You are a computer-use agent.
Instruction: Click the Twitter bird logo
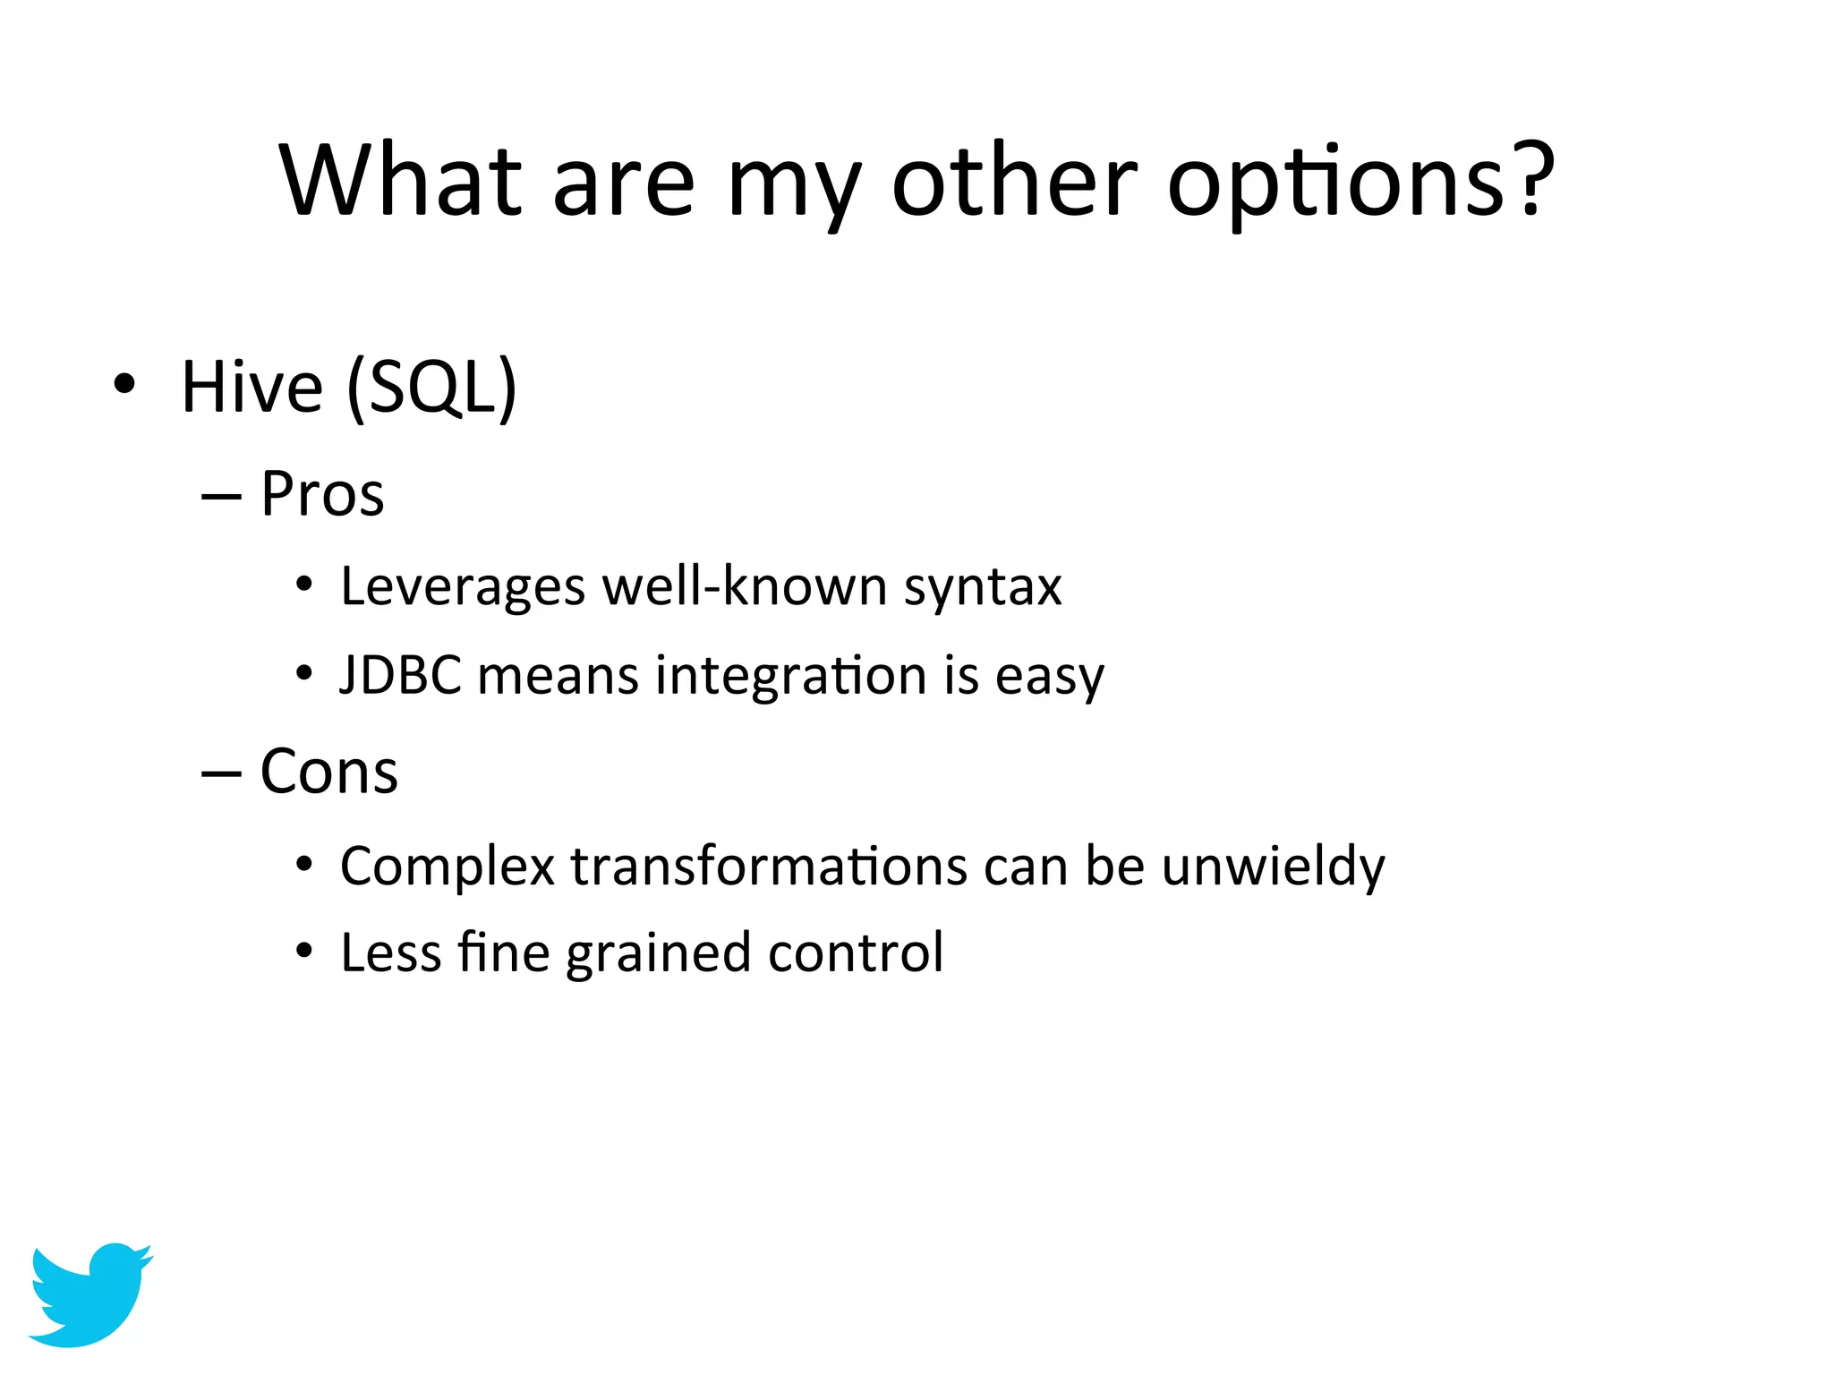tap(90, 1294)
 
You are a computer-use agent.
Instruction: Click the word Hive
tap(252, 387)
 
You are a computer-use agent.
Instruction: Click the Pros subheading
tap(322, 494)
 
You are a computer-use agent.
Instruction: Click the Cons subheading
tap(328, 772)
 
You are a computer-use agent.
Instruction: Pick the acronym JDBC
tap(401, 675)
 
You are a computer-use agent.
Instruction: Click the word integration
tap(791, 677)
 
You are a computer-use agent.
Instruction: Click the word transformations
tap(769, 867)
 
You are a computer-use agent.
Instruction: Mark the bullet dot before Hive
tap(124, 386)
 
